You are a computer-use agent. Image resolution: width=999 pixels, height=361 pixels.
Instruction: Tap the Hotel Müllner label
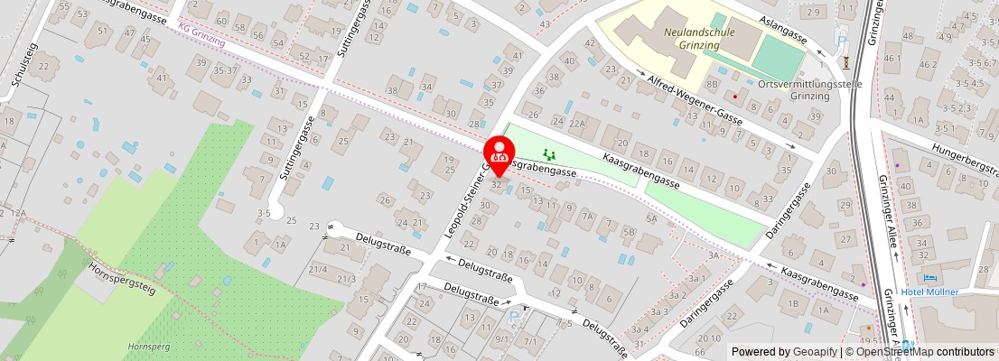coord(929,292)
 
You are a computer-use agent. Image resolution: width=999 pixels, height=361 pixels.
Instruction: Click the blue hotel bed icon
coord(930,279)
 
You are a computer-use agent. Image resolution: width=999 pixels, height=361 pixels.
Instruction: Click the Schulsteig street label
coord(23,64)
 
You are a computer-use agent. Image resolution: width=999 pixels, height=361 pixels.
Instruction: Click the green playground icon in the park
coord(548,155)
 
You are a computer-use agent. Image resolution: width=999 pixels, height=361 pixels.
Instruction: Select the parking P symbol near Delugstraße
coord(513,317)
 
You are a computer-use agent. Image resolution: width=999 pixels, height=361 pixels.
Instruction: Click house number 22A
coord(578,123)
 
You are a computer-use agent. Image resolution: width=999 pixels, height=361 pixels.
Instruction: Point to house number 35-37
coord(224,69)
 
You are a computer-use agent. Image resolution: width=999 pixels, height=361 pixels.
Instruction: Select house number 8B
coord(712,84)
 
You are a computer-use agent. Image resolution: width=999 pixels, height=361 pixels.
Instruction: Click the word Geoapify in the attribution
coord(815,352)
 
